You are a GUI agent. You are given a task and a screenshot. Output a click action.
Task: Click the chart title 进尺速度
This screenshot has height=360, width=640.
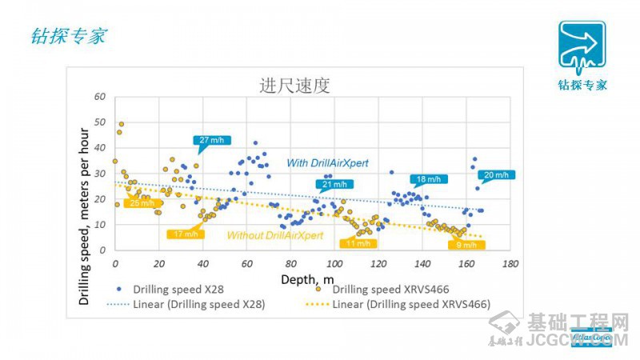[x=294, y=86]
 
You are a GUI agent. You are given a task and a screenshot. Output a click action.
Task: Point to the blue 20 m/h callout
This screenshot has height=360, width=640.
[x=494, y=175]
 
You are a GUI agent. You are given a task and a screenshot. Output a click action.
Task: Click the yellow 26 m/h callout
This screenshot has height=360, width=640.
[x=141, y=203]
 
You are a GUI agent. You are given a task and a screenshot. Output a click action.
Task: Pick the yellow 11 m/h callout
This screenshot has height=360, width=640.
[x=357, y=243]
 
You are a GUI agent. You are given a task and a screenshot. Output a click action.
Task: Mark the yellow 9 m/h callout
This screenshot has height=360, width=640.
[x=466, y=245]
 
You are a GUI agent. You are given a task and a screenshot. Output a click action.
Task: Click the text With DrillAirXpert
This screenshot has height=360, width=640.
[x=328, y=163]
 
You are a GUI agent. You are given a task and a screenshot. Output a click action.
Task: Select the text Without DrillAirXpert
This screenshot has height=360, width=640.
[x=275, y=235]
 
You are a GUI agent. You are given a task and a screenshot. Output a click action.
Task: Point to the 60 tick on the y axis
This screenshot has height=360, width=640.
[x=100, y=96]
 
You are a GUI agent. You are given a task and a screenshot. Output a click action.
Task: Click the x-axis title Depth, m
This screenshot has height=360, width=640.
[x=307, y=278]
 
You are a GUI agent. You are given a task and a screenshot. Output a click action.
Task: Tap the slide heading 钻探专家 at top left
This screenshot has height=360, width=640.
[x=67, y=36]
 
